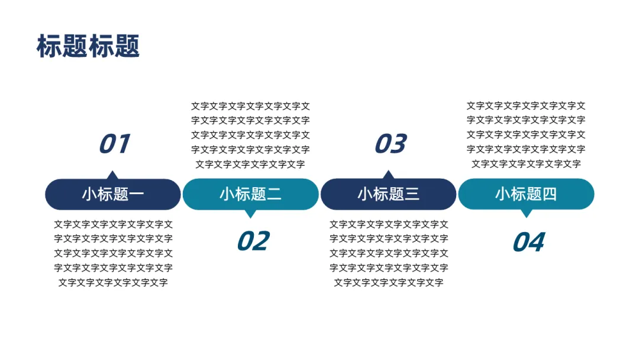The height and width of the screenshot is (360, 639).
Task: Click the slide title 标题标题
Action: [x=88, y=46]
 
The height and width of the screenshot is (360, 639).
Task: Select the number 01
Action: [x=114, y=144]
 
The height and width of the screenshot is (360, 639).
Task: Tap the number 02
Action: [x=253, y=241]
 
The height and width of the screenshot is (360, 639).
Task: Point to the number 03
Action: [x=390, y=144]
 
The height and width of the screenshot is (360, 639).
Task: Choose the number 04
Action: [x=528, y=242]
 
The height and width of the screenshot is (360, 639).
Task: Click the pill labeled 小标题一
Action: [x=113, y=194]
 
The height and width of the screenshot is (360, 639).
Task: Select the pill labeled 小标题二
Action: [x=250, y=194]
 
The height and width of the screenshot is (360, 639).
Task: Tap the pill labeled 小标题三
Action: [x=388, y=194]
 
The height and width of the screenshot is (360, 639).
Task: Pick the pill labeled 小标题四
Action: [x=526, y=194]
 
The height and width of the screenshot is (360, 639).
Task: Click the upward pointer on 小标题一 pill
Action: [x=112, y=175]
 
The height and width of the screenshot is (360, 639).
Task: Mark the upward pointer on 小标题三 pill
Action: [x=388, y=175]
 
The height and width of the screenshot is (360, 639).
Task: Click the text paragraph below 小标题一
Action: [x=113, y=253]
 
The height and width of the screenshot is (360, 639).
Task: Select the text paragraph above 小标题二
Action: [x=250, y=135]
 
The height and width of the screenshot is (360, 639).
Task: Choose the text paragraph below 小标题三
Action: [x=389, y=253]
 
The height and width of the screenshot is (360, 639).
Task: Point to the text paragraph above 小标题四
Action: [x=526, y=135]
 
